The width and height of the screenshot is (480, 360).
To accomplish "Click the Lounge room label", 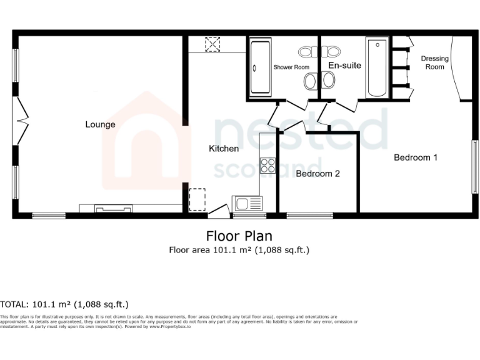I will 100,124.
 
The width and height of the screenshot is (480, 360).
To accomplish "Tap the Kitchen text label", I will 224,149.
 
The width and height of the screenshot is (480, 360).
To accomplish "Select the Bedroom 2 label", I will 317,174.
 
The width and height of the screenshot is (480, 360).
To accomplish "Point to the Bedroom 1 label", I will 415,157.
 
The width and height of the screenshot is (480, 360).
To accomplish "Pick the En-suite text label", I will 344,65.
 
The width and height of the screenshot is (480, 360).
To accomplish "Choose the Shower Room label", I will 291,67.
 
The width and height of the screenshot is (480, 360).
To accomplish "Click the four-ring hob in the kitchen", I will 268,165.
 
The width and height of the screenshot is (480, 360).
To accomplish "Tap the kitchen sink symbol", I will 248,203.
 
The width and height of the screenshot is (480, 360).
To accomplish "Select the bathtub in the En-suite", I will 377,68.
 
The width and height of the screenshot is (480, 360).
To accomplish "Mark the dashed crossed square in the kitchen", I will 213,44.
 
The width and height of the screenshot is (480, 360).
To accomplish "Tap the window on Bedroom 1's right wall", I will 474,167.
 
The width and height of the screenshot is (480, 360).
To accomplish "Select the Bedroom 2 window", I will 310,216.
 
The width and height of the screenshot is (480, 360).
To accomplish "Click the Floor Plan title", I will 239,236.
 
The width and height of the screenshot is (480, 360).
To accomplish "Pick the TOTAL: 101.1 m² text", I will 64,305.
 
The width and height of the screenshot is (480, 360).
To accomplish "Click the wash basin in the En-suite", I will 328,80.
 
